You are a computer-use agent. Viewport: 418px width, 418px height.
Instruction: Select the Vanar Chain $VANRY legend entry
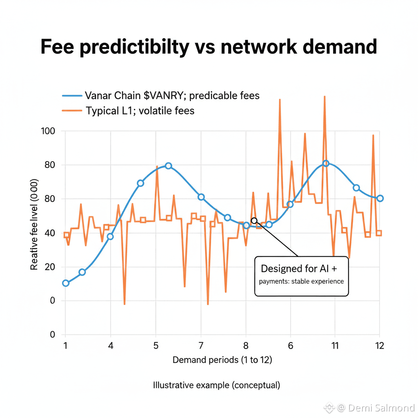pyautogui.click(x=172, y=96)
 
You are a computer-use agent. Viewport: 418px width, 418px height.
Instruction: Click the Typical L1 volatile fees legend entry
pyautogui.click(x=140, y=111)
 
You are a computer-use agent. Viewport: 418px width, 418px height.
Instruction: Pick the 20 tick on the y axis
pyautogui.click(x=50, y=267)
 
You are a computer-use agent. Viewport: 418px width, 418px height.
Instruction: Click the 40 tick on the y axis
pyautogui.click(x=50, y=233)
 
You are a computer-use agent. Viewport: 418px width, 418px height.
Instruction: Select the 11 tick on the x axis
pyautogui.click(x=334, y=345)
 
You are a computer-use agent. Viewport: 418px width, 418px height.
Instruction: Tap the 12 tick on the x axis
pyautogui.click(x=379, y=345)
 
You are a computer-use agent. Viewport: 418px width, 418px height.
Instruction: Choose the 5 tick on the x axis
pyautogui.click(x=156, y=345)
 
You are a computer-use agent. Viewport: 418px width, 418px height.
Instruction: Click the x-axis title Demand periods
pyautogui.click(x=222, y=360)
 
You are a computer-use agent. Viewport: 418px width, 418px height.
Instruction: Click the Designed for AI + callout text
pyautogui.click(x=299, y=269)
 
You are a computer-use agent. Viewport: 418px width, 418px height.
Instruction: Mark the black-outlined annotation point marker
pyautogui.click(x=254, y=221)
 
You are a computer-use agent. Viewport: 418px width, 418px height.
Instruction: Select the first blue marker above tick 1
pyautogui.click(x=66, y=283)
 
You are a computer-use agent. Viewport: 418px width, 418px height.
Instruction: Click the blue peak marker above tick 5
pyautogui.click(x=168, y=166)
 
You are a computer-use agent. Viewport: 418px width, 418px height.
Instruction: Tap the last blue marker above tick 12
pyautogui.click(x=380, y=198)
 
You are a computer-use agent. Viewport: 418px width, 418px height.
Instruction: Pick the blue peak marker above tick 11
pyautogui.click(x=325, y=163)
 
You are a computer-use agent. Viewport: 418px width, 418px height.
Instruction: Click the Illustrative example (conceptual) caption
pyautogui.click(x=216, y=385)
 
